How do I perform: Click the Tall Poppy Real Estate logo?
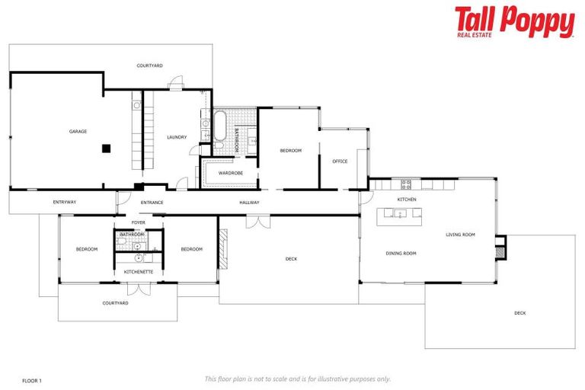tap(514, 22)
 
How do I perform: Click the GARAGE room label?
tap(78, 131)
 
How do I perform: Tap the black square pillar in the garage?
tap(107, 148)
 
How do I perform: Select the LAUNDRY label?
tap(177, 137)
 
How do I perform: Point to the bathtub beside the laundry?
tap(220, 126)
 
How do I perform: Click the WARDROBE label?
tap(230, 173)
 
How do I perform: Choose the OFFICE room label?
tap(340, 161)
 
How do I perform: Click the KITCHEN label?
tap(406, 200)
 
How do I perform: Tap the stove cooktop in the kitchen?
tap(406, 184)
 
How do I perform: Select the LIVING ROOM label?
tap(460, 235)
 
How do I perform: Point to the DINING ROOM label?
tap(401, 253)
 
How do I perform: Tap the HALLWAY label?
tap(249, 203)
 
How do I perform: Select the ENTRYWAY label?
tap(64, 203)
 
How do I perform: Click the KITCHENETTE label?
tap(139, 272)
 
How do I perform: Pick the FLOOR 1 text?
tap(31, 379)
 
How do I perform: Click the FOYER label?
tap(138, 222)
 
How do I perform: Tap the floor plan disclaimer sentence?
tap(297, 379)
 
